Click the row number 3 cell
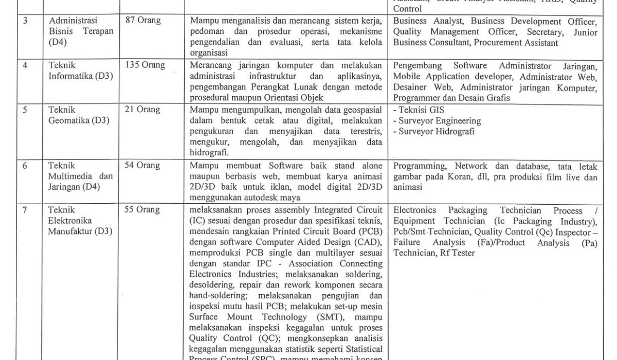pos(25,21)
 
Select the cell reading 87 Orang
pos(143,21)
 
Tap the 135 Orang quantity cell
pos(145,65)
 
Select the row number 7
pos(25,210)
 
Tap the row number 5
pos(25,110)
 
